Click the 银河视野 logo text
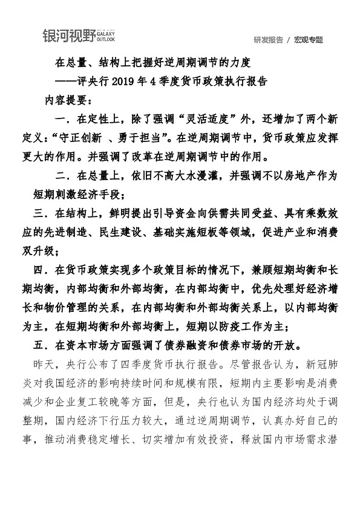click(x=68, y=36)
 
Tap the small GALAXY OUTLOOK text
click(x=105, y=36)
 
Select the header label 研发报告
click(x=268, y=40)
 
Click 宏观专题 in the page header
click(x=309, y=40)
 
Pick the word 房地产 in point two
click(x=286, y=177)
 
